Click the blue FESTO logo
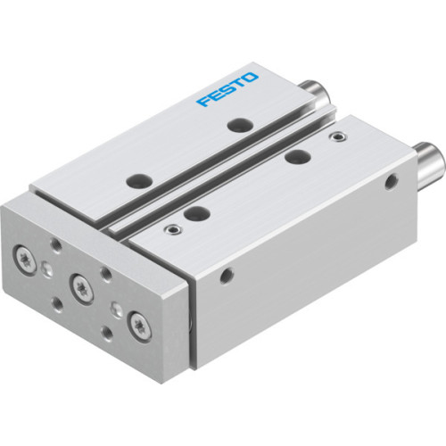[x=227, y=89]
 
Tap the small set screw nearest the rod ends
[x=335, y=137]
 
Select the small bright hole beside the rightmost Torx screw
[x=117, y=310]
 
